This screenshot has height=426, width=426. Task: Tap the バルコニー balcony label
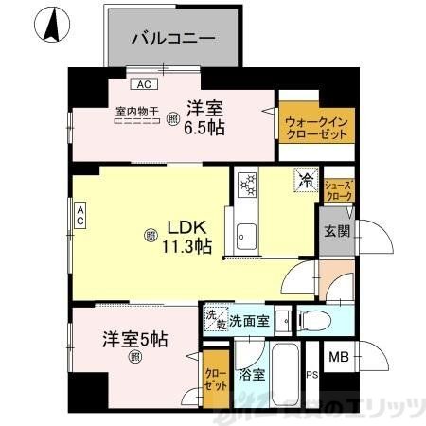point(171,40)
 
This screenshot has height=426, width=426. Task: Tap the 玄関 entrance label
point(336,230)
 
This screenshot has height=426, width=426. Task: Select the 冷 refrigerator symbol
point(306,177)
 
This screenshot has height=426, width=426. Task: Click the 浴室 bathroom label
point(252,373)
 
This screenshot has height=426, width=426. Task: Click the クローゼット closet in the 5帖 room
point(216,381)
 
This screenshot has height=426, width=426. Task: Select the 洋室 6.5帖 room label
point(204,116)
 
